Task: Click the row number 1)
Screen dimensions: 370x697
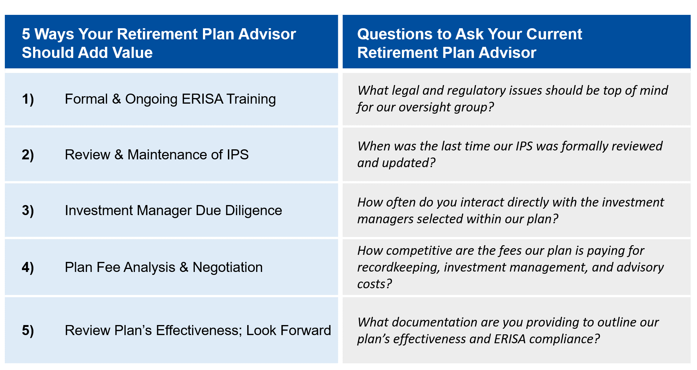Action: tap(28, 99)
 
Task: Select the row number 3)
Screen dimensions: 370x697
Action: tap(28, 211)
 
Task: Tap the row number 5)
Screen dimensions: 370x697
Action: tap(28, 330)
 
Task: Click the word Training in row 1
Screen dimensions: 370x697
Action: tap(251, 99)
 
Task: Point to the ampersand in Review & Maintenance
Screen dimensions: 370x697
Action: tap(119, 155)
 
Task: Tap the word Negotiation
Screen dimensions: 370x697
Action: tap(227, 267)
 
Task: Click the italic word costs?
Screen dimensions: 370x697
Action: tap(374, 284)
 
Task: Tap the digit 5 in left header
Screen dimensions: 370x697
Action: tap(26, 34)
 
